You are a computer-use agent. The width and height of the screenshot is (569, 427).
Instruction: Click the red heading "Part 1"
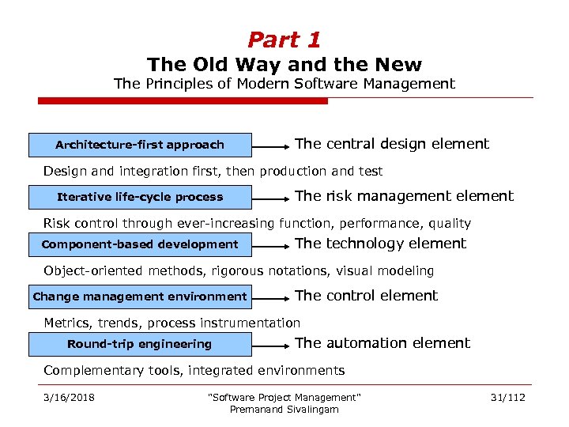point(284,39)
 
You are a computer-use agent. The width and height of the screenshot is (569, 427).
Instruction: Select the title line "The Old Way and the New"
point(284,64)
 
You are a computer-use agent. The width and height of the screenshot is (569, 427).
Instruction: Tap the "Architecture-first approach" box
point(140,145)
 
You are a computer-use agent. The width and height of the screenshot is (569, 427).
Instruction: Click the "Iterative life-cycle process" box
point(140,197)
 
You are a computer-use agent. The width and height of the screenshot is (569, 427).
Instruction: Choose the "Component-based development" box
point(140,244)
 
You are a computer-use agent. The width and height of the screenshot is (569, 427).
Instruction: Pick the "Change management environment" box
point(140,297)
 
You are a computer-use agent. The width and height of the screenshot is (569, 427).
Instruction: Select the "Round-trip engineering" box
point(140,344)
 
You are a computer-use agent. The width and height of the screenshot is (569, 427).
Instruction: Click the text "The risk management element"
point(404,196)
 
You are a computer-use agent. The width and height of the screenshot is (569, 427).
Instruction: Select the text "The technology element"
point(380,244)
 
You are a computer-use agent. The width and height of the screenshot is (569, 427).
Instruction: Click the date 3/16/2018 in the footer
point(69,397)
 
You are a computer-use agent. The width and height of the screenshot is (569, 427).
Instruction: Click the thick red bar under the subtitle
point(183,101)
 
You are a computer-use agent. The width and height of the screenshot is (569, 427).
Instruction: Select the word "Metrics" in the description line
point(67,323)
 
